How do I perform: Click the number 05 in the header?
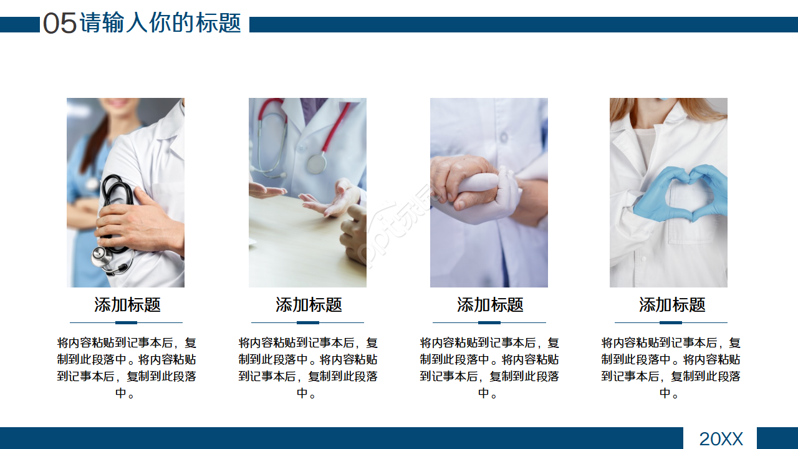(x=60, y=24)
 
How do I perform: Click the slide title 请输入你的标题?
(x=160, y=23)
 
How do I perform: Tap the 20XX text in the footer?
(x=721, y=439)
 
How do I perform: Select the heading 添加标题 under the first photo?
(x=127, y=305)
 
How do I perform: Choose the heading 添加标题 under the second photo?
(x=309, y=305)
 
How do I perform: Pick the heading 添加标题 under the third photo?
(x=490, y=305)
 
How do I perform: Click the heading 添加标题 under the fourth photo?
(x=672, y=305)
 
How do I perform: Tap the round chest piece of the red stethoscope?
(x=317, y=163)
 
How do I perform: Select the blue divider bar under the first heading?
(x=126, y=322)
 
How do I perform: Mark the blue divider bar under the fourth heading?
(x=671, y=322)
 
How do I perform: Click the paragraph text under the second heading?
(x=308, y=368)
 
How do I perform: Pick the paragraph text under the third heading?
(x=489, y=368)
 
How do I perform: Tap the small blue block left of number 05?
(x=19, y=24)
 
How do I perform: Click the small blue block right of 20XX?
(x=777, y=438)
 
